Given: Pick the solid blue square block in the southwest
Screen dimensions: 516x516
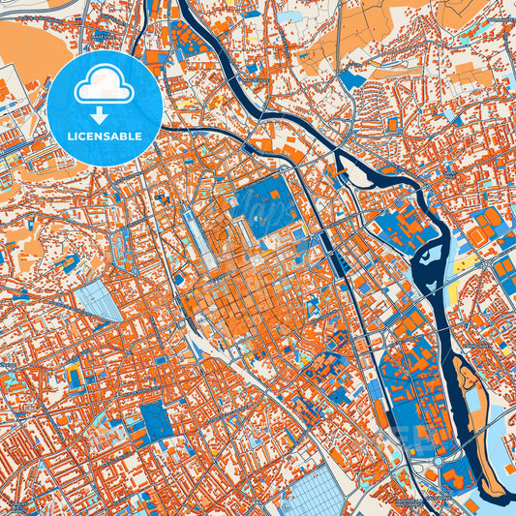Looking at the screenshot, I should click(x=154, y=421).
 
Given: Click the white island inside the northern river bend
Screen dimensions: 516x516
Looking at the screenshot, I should click(x=359, y=175).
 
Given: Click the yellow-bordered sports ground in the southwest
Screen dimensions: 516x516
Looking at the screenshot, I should click(x=75, y=377).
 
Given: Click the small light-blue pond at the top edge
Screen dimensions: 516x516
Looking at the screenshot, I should click(x=291, y=15).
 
